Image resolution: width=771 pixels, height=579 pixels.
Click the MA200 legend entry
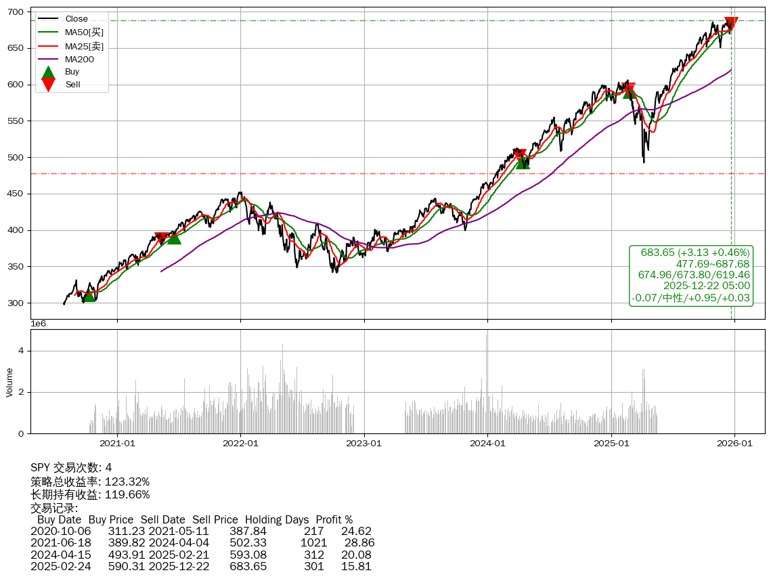[79, 59]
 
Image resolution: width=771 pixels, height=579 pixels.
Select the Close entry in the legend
[76, 18]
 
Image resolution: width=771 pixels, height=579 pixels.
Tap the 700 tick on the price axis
[16, 12]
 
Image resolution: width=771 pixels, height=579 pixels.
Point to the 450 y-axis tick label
[16, 194]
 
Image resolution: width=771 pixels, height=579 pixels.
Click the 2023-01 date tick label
[364, 444]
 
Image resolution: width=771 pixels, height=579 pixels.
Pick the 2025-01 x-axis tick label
[611, 444]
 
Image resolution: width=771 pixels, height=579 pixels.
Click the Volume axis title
[9, 382]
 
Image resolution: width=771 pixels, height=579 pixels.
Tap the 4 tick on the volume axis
[21, 351]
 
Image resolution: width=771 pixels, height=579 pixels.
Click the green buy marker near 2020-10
[89, 295]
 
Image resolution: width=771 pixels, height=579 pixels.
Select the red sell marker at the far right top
[731, 24]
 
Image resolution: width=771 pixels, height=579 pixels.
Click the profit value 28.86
[359, 542]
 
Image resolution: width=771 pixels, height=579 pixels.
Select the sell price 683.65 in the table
[248, 566]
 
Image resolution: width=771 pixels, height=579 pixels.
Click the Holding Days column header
[277, 520]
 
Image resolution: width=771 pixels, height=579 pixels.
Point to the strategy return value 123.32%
[127, 481]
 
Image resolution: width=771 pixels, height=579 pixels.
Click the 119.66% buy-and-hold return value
[127, 494]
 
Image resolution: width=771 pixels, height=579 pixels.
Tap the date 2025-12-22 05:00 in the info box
[706, 286]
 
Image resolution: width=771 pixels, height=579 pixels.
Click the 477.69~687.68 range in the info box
[712, 263]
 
